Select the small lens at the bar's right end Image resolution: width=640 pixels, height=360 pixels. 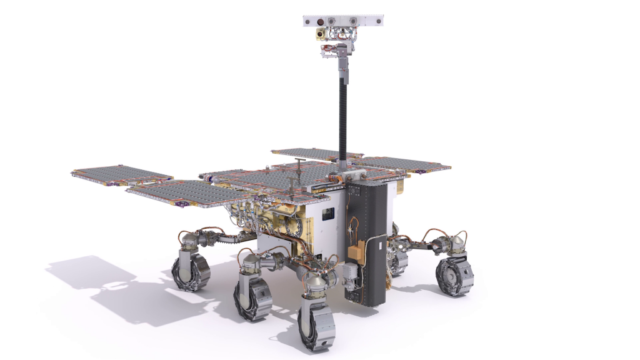tap(377, 21)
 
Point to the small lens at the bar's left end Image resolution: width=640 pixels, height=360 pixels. tap(308, 21)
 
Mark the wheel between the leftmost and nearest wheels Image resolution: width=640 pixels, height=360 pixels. tap(252, 298)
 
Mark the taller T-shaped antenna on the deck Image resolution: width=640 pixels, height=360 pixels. tap(299, 164)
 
